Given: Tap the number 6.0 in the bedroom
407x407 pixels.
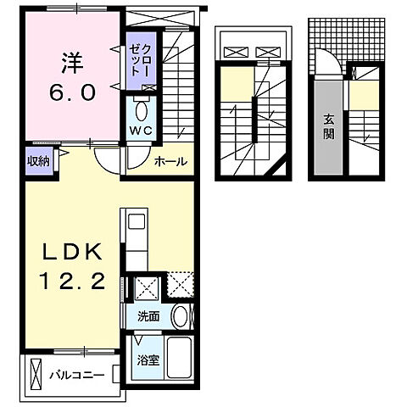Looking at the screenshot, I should (x=71, y=92).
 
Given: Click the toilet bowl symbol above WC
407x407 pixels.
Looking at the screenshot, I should (x=140, y=111).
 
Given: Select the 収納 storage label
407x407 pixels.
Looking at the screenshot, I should (x=37, y=160).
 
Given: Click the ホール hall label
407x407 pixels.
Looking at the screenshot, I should (x=170, y=161).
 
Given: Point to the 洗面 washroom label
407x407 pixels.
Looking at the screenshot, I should (x=148, y=317).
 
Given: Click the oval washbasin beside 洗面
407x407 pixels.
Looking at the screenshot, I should (x=180, y=316).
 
